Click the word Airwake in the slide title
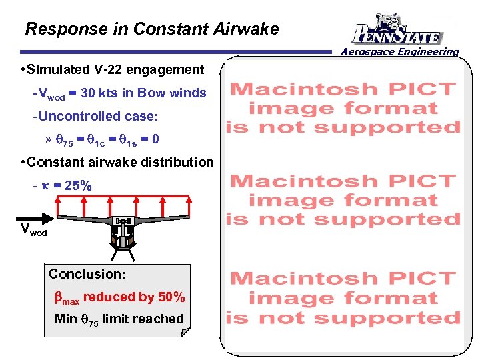246,29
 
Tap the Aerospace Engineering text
400,51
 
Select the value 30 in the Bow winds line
94,93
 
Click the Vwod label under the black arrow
33,230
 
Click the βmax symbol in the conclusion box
67,298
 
